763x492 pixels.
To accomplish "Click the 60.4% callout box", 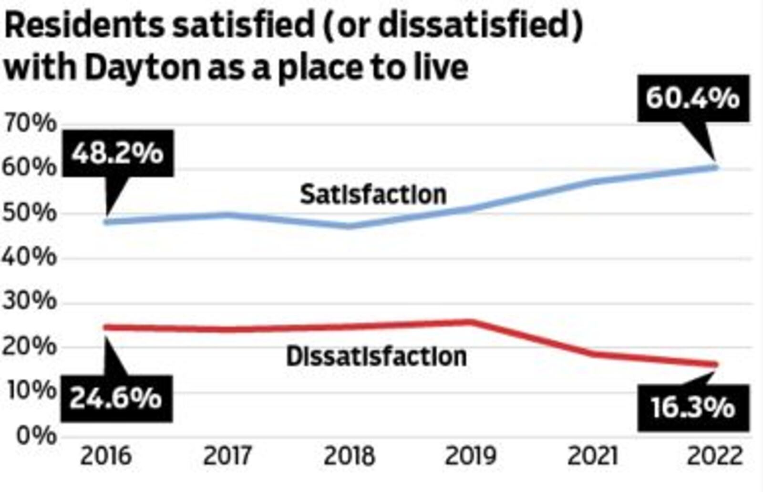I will pyautogui.click(x=692, y=98).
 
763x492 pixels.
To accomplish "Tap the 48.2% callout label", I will pyautogui.click(x=117, y=153).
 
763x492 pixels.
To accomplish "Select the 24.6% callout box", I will pyautogui.click(x=116, y=398).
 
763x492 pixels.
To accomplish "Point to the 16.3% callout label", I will pyautogui.click(x=693, y=408).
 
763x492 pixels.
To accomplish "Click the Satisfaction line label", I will pyautogui.click(x=373, y=195).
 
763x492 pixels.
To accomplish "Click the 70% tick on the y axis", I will pyautogui.click(x=30, y=124).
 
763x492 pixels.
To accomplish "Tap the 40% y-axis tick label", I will pyautogui.click(x=30, y=257).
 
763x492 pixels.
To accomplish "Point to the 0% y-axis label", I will pyautogui.click(x=36, y=435).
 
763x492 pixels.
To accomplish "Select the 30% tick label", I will pyautogui.click(x=30, y=302).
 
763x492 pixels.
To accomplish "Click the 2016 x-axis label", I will pyautogui.click(x=105, y=456).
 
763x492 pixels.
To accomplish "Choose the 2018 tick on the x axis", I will pyautogui.click(x=350, y=456).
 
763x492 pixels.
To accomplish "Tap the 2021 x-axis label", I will pyautogui.click(x=593, y=456).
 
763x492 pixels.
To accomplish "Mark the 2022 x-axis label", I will pyautogui.click(x=715, y=456).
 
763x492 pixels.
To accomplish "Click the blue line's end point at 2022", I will pyautogui.click(x=715, y=167).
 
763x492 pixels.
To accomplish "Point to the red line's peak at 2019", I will pyautogui.click(x=471, y=322).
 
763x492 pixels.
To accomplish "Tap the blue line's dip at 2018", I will pyautogui.click(x=350, y=225).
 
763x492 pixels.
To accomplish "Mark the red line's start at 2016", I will pyautogui.click(x=106, y=327).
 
